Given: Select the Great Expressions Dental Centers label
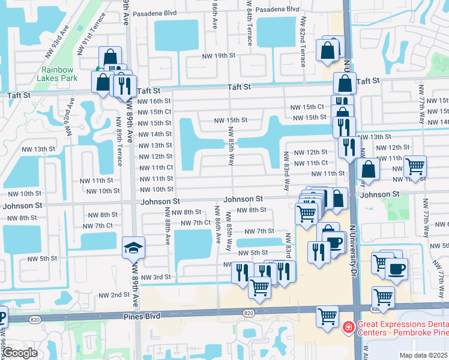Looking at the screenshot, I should coord(402,328).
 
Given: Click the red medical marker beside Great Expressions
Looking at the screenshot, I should coord(348,328).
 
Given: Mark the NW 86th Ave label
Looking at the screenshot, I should coord(217,224).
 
